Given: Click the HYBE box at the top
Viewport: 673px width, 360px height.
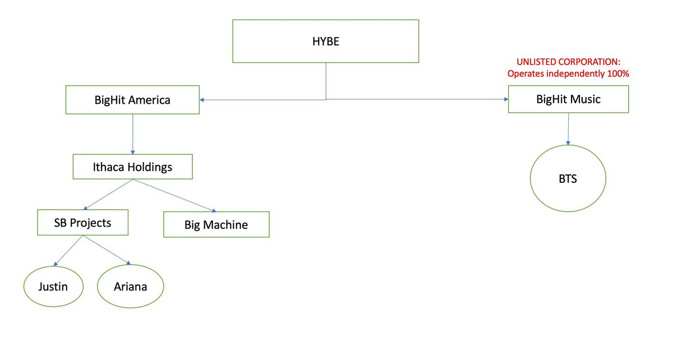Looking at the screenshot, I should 325,41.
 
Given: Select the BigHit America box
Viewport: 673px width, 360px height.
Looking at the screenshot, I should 132,100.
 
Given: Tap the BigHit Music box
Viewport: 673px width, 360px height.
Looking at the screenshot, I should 568,99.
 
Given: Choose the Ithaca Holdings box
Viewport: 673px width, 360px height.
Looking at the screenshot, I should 132,167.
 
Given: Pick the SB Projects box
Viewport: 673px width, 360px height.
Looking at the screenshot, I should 82,223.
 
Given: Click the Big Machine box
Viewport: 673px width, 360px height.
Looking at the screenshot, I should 216,224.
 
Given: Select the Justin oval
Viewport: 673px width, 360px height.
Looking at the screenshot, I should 53,287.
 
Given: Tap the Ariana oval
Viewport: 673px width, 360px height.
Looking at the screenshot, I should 130,287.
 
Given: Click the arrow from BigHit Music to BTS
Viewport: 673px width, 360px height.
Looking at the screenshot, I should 569,129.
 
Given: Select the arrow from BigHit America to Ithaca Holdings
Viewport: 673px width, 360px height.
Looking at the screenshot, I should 132,135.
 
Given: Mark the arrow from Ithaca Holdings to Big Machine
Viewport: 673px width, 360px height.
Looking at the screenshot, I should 174,195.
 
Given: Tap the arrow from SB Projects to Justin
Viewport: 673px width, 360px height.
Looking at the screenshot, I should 68,250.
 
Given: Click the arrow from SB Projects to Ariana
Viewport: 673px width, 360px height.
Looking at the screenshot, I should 107,250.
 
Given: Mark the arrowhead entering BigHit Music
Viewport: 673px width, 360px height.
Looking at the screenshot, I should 504,99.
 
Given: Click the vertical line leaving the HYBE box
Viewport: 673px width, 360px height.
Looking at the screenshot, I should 326,81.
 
